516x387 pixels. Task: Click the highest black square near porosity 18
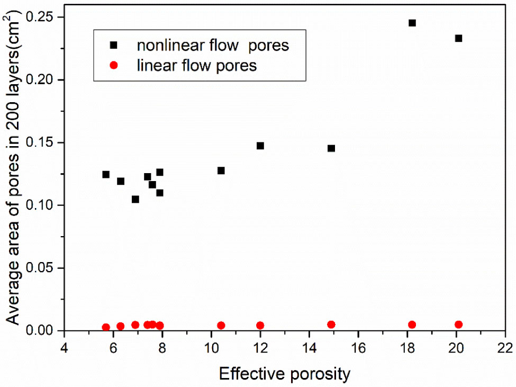(x=412, y=23)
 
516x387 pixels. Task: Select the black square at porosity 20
(x=458, y=38)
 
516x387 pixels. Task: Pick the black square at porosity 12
(x=260, y=146)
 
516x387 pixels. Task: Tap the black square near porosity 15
(x=331, y=148)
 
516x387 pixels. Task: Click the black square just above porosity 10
(x=221, y=170)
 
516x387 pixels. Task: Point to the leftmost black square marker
(x=106, y=174)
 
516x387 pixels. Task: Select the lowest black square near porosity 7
(x=135, y=199)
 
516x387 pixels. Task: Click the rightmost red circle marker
(x=458, y=325)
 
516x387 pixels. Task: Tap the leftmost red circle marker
(x=106, y=327)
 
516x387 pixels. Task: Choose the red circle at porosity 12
(x=260, y=325)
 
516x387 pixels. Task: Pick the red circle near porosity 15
(x=331, y=325)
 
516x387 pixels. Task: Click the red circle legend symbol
(x=113, y=66)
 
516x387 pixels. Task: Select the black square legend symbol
(x=113, y=46)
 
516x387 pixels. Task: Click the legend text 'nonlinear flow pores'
(x=213, y=46)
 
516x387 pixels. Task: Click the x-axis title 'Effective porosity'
(x=284, y=374)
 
